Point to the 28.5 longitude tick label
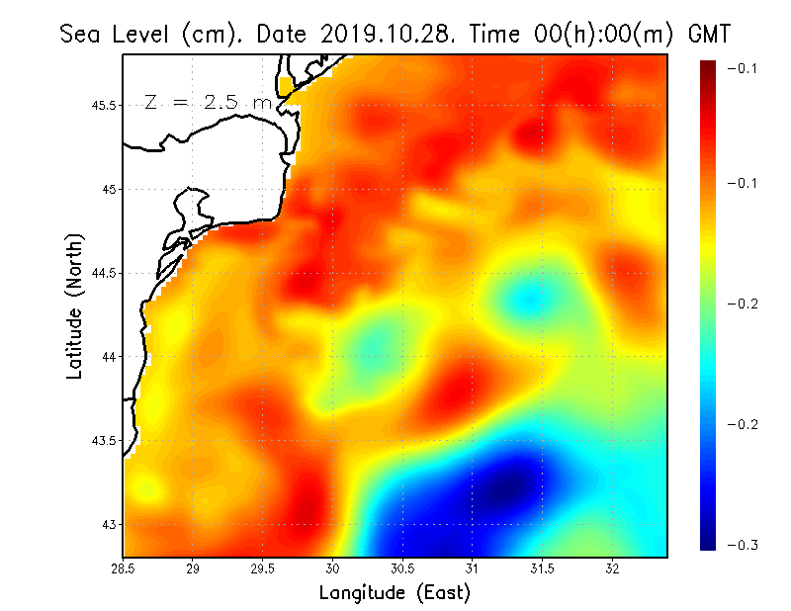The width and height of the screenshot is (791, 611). (x=124, y=568)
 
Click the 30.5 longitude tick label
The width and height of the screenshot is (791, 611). (x=402, y=568)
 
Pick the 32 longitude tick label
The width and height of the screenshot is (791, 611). (x=612, y=568)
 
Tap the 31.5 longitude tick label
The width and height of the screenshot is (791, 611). (x=542, y=568)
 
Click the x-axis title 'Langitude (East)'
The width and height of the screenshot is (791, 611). (x=395, y=593)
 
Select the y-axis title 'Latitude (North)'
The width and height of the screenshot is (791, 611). (x=75, y=305)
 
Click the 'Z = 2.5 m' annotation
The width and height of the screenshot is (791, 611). (x=208, y=102)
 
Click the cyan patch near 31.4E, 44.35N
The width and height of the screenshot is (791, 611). (x=526, y=297)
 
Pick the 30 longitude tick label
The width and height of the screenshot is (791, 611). (x=333, y=568)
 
